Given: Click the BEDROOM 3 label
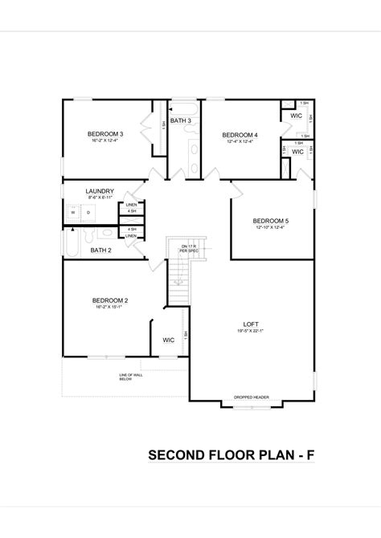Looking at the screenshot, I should pyautogui.click(x=105, y=133).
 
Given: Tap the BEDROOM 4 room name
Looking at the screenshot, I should pyautogui.click(x=240, y=134).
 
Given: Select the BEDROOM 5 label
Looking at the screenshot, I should pyautogui.click(x=270, y=221).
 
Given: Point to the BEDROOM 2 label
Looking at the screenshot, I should pyautogui.click(x=110, y=300).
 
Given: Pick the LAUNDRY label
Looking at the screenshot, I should pyautogui.click(x=100, y=191).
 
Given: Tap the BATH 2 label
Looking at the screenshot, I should pyautogui.click(x=100, y=250).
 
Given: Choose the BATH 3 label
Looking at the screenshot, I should pyautogui.click(x=181, y=120).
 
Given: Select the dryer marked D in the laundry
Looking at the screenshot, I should pyautogui.click(x=88, y=212).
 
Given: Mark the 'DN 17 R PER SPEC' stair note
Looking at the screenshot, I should pyautogui.click(x=188, y=247).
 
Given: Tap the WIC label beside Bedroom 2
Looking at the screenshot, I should pyautogui.click(x=169, y=340).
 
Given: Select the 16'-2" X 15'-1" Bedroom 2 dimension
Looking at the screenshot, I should pyautogui.click(x=110, y=308).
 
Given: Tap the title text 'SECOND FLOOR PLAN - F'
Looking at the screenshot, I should pyautogui.click(x=231, y=455).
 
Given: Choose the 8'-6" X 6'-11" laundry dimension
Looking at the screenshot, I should pyautogui.click(x=100, y=198).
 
